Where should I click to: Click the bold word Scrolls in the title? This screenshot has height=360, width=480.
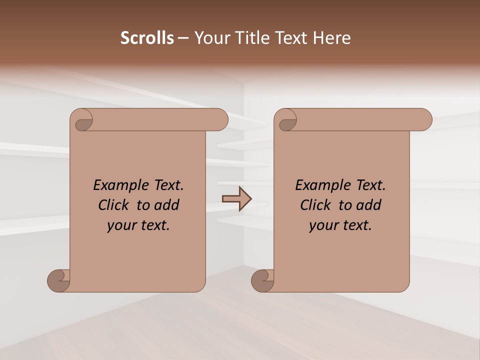[x=147, y=38]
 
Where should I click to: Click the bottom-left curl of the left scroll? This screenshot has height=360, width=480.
[x=58, y=280]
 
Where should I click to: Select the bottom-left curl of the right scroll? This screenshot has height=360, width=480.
[x=262, y=280]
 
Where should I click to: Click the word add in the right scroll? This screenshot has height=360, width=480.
[x=369, y=205]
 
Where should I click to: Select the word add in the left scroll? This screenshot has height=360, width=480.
[x=167, y=205]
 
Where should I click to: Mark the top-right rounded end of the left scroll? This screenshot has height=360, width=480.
[x=219, y=119]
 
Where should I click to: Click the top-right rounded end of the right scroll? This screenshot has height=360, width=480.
[x=423, y=119]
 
